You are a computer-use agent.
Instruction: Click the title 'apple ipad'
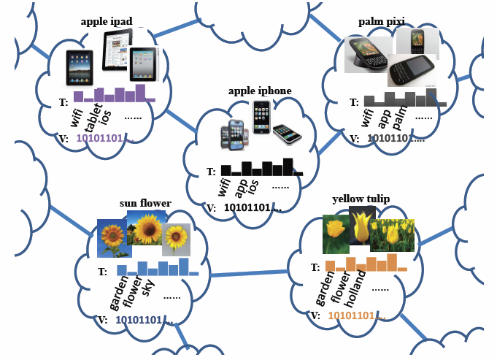pos(107,22)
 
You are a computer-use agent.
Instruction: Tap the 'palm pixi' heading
pos(382,22)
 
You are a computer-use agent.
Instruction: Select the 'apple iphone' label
pos(260,91)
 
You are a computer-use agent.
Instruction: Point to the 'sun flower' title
pos(145,203)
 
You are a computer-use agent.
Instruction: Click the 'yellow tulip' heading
pos(361,199)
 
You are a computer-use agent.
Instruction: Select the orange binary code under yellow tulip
pos(356,315)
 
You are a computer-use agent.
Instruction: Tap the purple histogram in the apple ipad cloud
pos(114,94)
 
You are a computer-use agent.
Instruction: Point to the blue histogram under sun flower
pos(156,268)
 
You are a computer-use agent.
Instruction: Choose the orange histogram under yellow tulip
pos(366,262)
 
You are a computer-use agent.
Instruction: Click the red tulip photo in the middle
pos(361,225)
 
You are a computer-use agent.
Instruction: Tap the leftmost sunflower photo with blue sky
pos(114,238)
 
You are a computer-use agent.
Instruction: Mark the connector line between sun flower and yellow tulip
pos(248,274)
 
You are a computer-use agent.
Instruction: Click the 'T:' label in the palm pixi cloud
pos(354,102)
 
